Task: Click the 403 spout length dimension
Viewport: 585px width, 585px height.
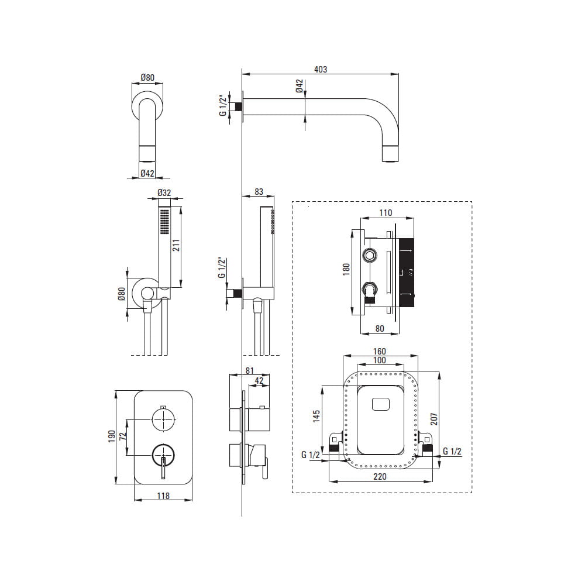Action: tap(321, 70)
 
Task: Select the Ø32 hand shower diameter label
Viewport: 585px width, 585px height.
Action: tap(164, 192)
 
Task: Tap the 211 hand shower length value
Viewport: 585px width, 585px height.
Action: tap(176, 245)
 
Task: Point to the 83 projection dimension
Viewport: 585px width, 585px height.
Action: tap(259, 192)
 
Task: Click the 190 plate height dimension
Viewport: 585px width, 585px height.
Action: tap(112, 436)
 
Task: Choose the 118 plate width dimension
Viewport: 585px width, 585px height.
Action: tap(163, 496)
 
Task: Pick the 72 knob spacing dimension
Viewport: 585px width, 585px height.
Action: tap(123, 436)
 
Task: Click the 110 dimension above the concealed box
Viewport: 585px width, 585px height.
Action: tap(386, 213)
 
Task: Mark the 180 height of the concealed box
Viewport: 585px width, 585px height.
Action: tap(346, 269)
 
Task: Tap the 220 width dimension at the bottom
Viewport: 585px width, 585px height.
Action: tap(380, 476)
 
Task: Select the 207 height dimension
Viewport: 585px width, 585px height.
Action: tap(433, 419)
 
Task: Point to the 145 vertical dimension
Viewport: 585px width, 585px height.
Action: tap(316, 416)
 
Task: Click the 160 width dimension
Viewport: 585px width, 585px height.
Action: tap(380, 352)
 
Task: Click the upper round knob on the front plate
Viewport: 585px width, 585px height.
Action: tap(163, 419)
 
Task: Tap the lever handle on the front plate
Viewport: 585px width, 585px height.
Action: tap(163, 468)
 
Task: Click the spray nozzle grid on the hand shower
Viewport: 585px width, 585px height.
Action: tap(164, 222)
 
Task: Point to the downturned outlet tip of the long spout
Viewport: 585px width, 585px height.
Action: tap(391, 154)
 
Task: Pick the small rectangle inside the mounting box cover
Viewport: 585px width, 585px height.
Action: tap(381, 404)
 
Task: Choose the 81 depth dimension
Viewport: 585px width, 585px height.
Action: tap(250, 370)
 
